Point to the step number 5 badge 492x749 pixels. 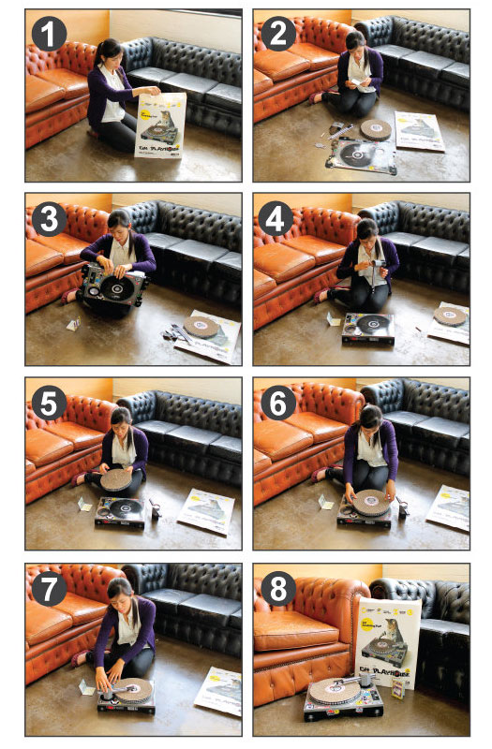click(48, 404)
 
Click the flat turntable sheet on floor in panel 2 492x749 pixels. click(361, 154)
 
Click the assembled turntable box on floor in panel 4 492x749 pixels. click(367, 327)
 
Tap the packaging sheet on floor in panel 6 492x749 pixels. click(448, 507)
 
